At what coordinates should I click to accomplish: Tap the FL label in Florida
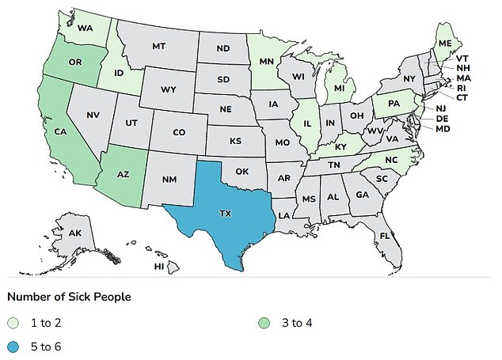click(x=384, y=236)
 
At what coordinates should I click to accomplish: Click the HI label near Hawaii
click(x=158, y=267)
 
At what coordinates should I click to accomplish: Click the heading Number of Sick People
click(x=69, y=297)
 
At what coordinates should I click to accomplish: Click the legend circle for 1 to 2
click(x=13, y=323)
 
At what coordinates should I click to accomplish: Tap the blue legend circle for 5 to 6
click(x=13, y=346)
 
